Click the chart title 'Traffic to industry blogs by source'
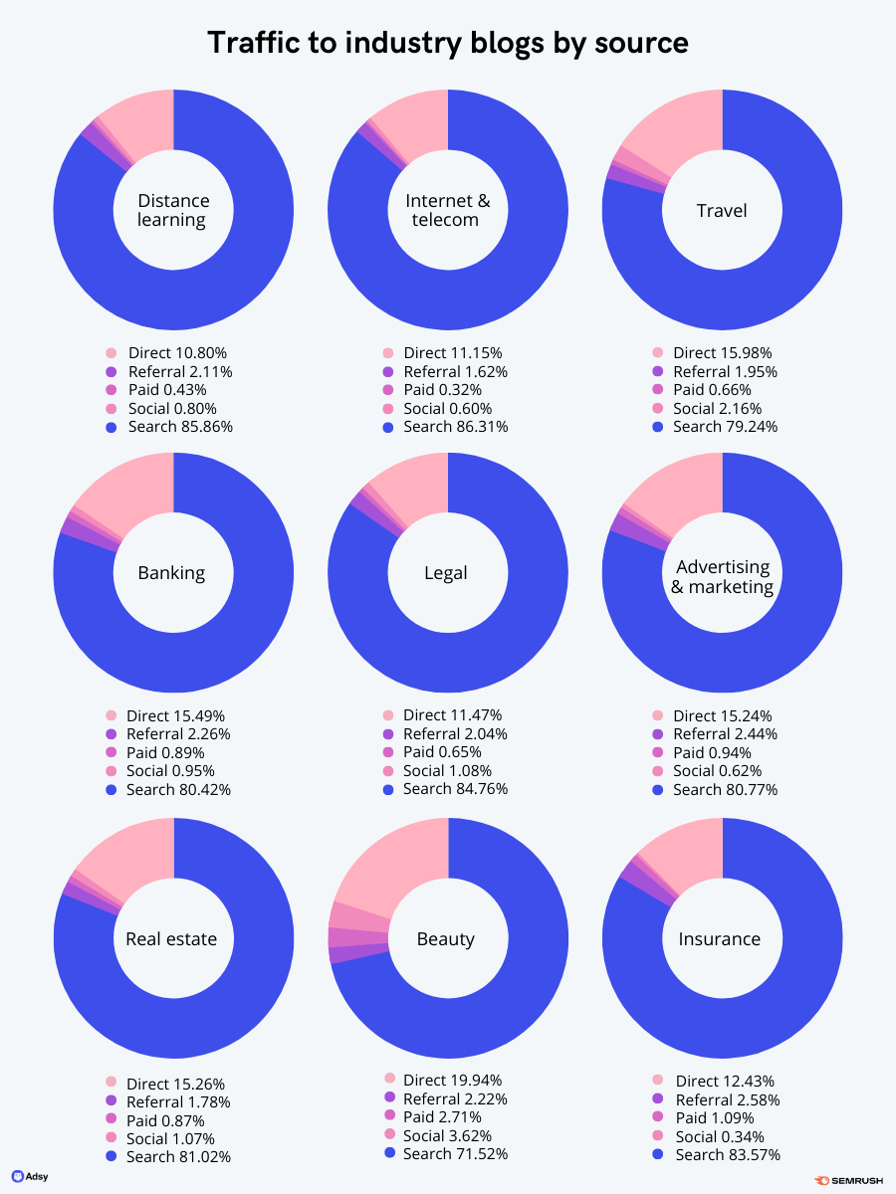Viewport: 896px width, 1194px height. [447, 43]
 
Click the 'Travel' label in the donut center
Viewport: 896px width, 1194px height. [722, 210]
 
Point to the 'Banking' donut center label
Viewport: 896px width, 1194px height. [172, 573]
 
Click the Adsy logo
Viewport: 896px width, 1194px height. [30, 1176]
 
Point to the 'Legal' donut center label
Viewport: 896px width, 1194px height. [446, 573]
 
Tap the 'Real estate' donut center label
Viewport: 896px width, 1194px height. [171, 938]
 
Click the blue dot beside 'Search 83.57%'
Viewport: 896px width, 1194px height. [657, 1155]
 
